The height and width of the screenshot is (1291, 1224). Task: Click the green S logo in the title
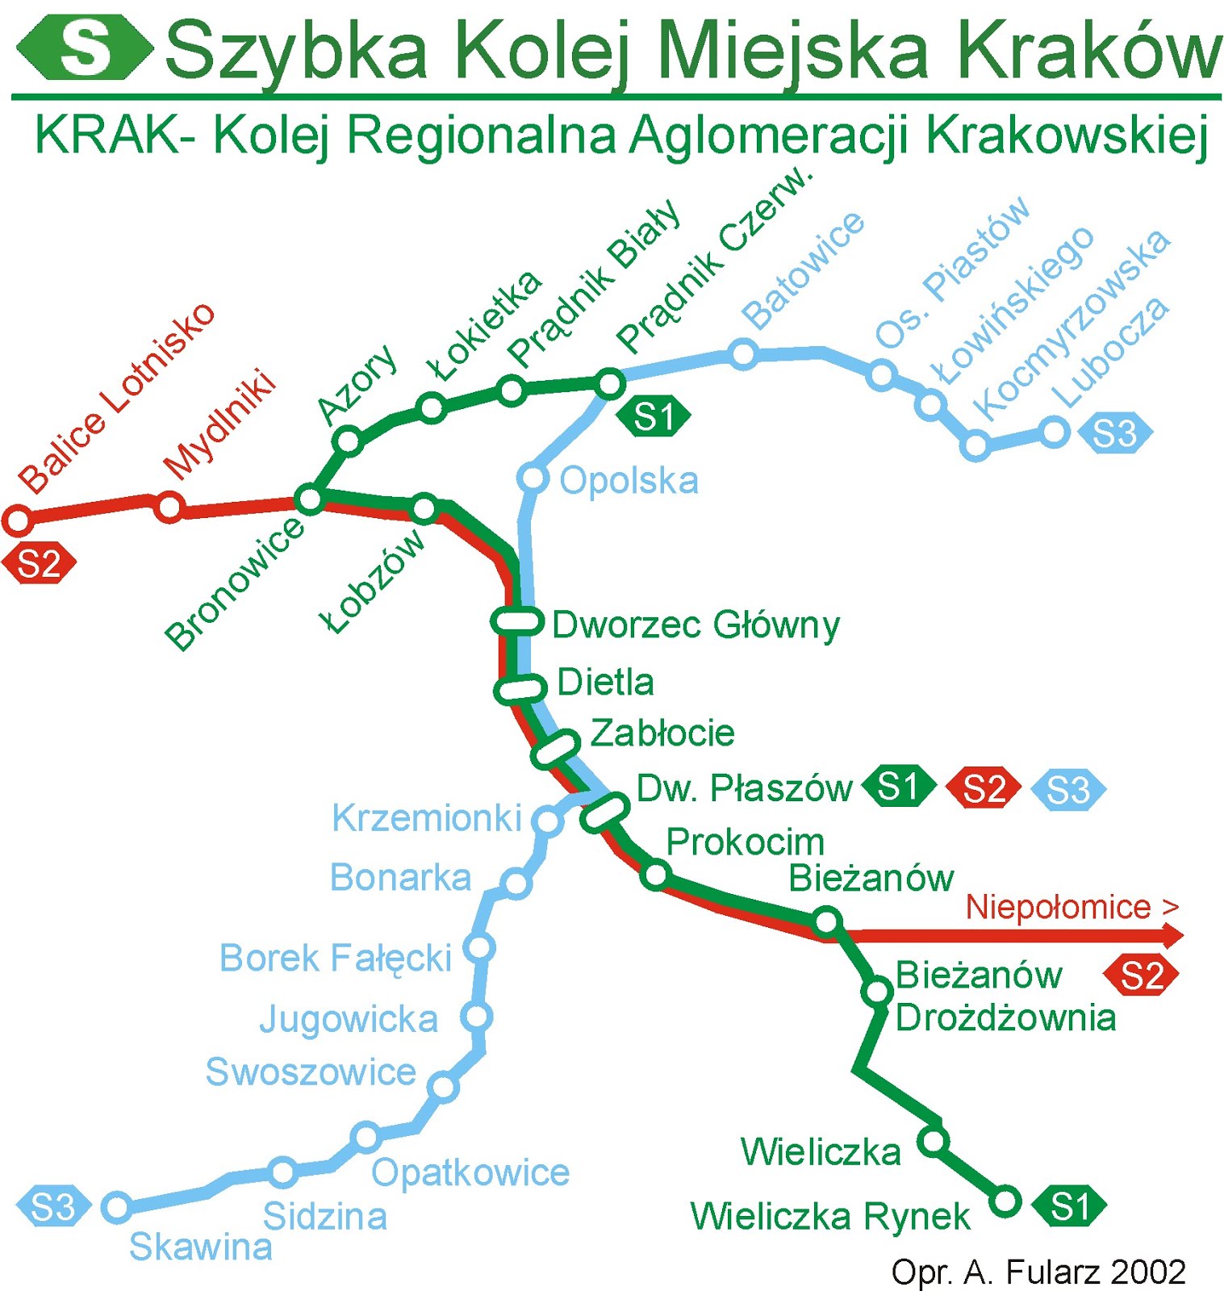[85, 47]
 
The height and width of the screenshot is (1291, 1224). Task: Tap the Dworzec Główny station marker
[516, 621]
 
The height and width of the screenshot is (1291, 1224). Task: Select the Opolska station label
[629, 481]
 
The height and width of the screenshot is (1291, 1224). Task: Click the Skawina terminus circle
[118, 1207]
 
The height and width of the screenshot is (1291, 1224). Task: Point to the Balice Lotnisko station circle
[18, 520]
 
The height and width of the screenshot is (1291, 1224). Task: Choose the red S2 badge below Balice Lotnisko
[39, 564]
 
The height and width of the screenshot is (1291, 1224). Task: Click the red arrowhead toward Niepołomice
[1174, 936]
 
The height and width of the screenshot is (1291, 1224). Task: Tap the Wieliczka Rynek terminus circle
[1005, 1201]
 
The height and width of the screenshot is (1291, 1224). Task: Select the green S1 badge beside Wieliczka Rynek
[1070, 1207]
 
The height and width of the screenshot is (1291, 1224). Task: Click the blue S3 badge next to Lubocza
[1114, 433]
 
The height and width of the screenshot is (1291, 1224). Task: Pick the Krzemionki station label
[427, 818]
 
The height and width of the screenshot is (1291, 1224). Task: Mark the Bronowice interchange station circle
[310, 499]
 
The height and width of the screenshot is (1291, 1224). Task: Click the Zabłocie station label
[662, 733]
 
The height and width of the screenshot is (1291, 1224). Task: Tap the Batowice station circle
[742, 353]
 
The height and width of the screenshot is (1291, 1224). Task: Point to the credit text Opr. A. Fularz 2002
[1038, 1272]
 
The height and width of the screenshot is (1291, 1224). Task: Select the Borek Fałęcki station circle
[480, 947]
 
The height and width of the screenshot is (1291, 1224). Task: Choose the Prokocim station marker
[656, 875]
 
